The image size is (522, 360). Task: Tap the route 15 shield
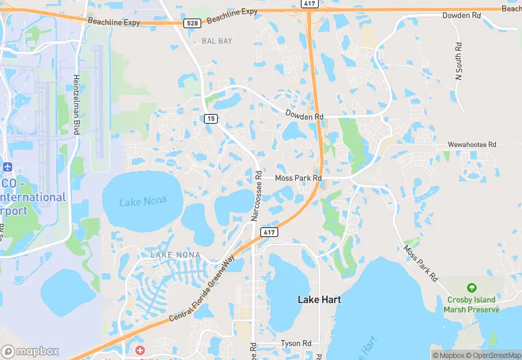(x=210, y=119)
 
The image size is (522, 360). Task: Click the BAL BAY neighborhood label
(x=217, y=41)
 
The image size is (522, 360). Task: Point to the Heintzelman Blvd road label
(x=77, y=100)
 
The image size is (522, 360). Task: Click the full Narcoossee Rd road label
(x=256, y=196)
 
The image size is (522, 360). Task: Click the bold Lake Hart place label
(x=319, y=300)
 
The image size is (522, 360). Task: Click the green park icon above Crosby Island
(x=471, y=287)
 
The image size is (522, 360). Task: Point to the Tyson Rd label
(x=296, y=344)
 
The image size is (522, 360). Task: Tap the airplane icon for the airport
(x=8, y=167)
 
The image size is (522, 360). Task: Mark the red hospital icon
(x=140, y=350)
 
